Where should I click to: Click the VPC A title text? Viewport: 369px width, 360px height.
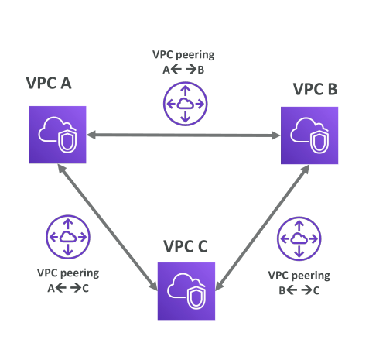[49, 83]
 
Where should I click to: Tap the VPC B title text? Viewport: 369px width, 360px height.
[316, 89]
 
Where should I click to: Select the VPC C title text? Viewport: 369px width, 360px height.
[186, 246]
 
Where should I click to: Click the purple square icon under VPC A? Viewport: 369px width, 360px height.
[57, 135]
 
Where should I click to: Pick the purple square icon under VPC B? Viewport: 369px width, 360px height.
[309, 135]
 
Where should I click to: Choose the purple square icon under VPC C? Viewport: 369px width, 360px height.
[186, 291]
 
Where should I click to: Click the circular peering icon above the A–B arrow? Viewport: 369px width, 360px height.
[185, 104]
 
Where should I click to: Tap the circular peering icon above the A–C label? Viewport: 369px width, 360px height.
[68, 237]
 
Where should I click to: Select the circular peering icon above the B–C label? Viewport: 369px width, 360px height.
[299, 239]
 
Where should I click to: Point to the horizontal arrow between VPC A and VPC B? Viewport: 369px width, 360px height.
[183, 135]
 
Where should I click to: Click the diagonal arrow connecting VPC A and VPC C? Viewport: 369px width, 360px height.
[108, 228]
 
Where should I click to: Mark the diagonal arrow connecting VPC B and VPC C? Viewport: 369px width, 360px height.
[262, 228]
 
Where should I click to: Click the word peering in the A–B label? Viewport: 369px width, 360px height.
[199, 55]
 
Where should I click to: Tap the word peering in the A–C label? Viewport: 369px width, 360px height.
[84, 273]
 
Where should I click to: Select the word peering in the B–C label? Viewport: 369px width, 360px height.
[314, 276]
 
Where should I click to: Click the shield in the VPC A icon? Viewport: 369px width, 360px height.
[67, 141]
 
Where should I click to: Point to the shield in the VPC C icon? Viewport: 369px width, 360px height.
[196, 297]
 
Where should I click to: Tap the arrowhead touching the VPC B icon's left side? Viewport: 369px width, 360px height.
[276, 135]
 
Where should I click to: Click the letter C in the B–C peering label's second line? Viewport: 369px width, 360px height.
[316, 291]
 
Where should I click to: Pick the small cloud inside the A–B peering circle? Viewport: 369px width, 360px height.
[185, 104]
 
